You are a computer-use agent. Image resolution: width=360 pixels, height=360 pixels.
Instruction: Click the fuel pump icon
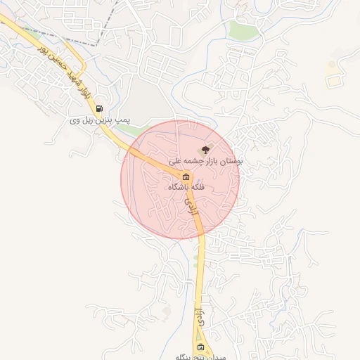coord(99,108)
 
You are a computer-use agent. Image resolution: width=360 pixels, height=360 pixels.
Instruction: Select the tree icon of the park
coord(205,149)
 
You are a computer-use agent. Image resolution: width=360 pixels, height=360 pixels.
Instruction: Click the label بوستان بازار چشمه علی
coord(205,161)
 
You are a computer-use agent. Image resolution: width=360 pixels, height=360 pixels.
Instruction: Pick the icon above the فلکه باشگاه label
coord(186,176)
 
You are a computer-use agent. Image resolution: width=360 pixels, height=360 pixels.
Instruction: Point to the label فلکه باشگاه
coord(187,188)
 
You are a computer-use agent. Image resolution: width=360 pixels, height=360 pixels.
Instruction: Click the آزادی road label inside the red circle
coord(188,205)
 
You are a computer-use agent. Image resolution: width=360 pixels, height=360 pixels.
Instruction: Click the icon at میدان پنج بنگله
coord(201,347)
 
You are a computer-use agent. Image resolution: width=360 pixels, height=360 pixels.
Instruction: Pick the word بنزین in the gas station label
coord(105,121)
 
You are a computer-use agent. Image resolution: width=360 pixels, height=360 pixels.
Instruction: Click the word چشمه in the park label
coord(199,161)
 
